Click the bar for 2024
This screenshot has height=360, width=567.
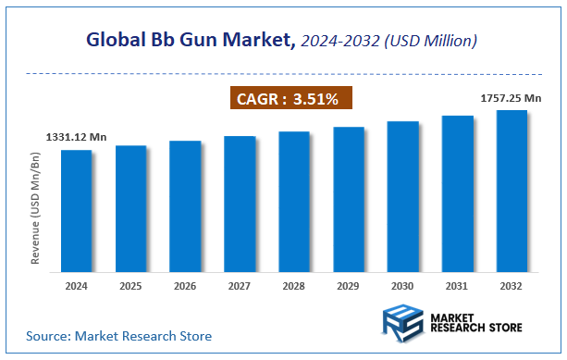[76, 211]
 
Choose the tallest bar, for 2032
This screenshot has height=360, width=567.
[512, 191]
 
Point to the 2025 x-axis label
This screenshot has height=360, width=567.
[130, 287]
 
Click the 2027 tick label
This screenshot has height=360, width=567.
[240, 287]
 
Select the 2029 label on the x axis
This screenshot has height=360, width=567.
[349, 287]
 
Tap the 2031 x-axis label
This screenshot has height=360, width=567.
[457, 287]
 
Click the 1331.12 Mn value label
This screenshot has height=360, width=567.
[76, 137]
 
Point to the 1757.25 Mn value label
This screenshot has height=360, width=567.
[511, 96]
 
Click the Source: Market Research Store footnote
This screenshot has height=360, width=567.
[118, 335]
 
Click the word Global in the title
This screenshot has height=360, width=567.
[117, 40]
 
